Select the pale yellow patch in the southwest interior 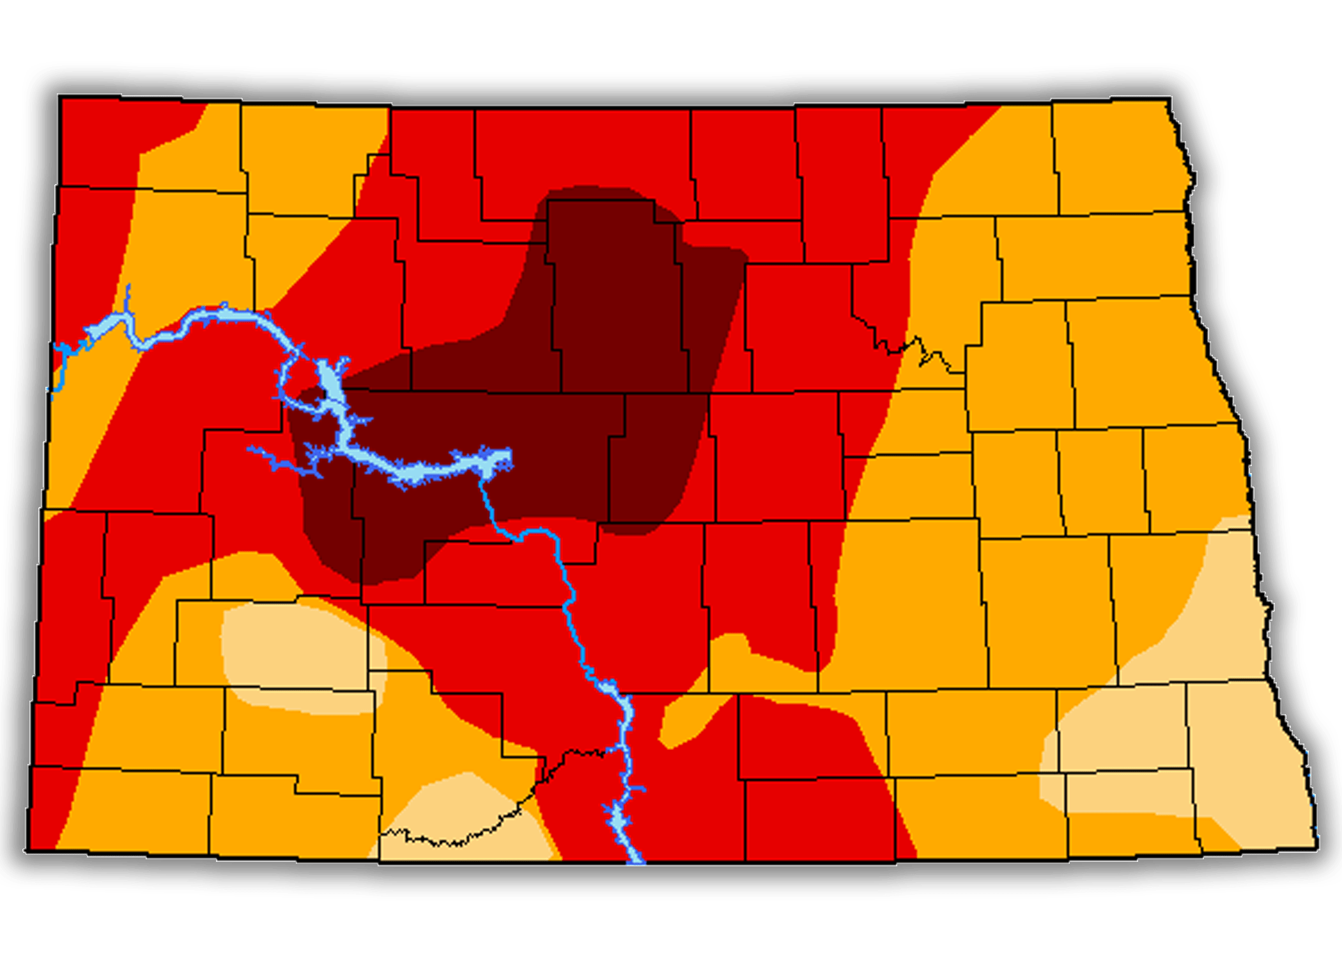click(x=300, y=646)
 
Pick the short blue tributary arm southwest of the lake click(x=281, y=460)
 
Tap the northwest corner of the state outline click(x=59, y=96)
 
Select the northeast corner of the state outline click(x=1171, y=98)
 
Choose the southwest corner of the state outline click(x=27, y=850)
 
